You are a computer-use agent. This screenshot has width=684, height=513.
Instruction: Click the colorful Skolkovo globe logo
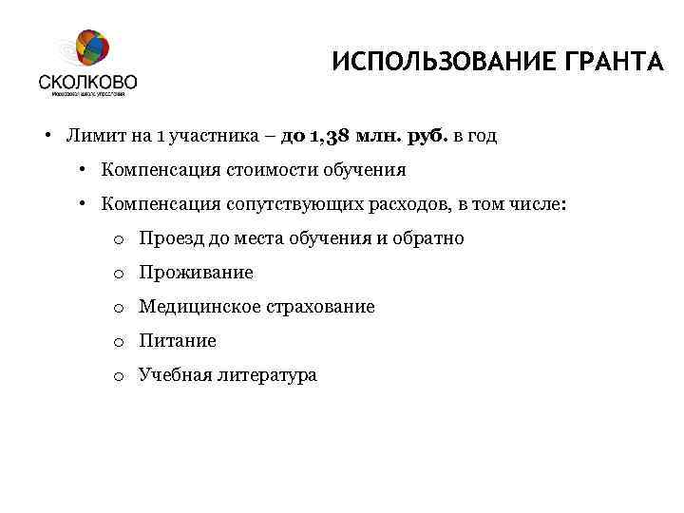(x=90, y=50)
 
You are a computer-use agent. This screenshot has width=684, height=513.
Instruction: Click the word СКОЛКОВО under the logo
(x=88, y=83)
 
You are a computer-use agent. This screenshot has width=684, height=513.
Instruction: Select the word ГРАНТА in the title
(x=602, y=63)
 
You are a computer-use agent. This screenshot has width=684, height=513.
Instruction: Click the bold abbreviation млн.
(x=378, y=136)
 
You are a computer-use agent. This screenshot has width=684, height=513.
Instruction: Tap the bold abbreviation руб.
(x=427, y=136)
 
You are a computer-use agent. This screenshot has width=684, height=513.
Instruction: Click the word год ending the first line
(x=481, y=136)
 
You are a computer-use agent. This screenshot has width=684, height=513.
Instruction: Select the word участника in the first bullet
(x=212, y=136)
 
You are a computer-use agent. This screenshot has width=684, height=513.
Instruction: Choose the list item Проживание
(x=196, y=273)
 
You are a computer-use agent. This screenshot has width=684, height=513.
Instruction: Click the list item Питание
(x=178, y=341)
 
